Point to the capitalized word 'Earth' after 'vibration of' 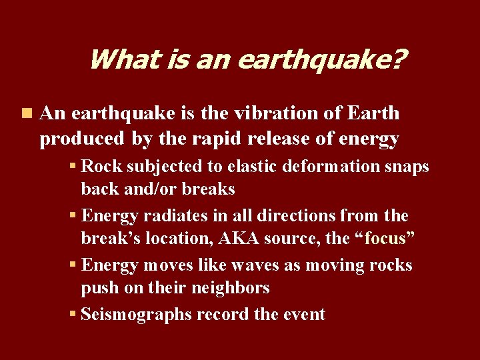373,114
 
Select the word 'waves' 254,265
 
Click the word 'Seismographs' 138,314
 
